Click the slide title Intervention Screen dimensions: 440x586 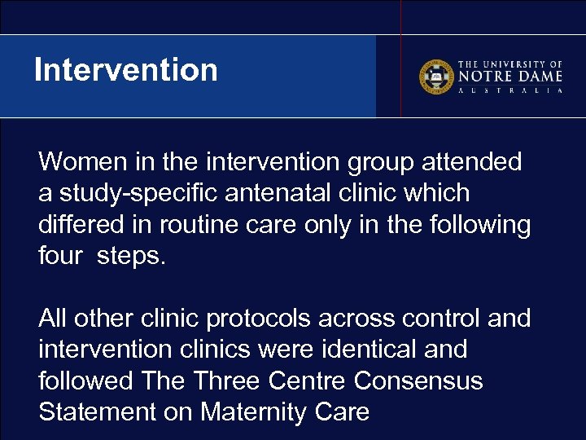126,70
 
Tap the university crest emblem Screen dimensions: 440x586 436,77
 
